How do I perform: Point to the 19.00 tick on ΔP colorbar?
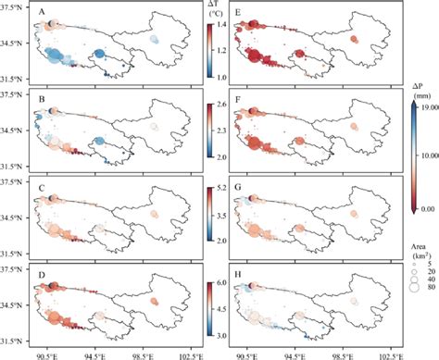pos(425,106)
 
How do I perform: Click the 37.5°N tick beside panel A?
pos(17,8)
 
